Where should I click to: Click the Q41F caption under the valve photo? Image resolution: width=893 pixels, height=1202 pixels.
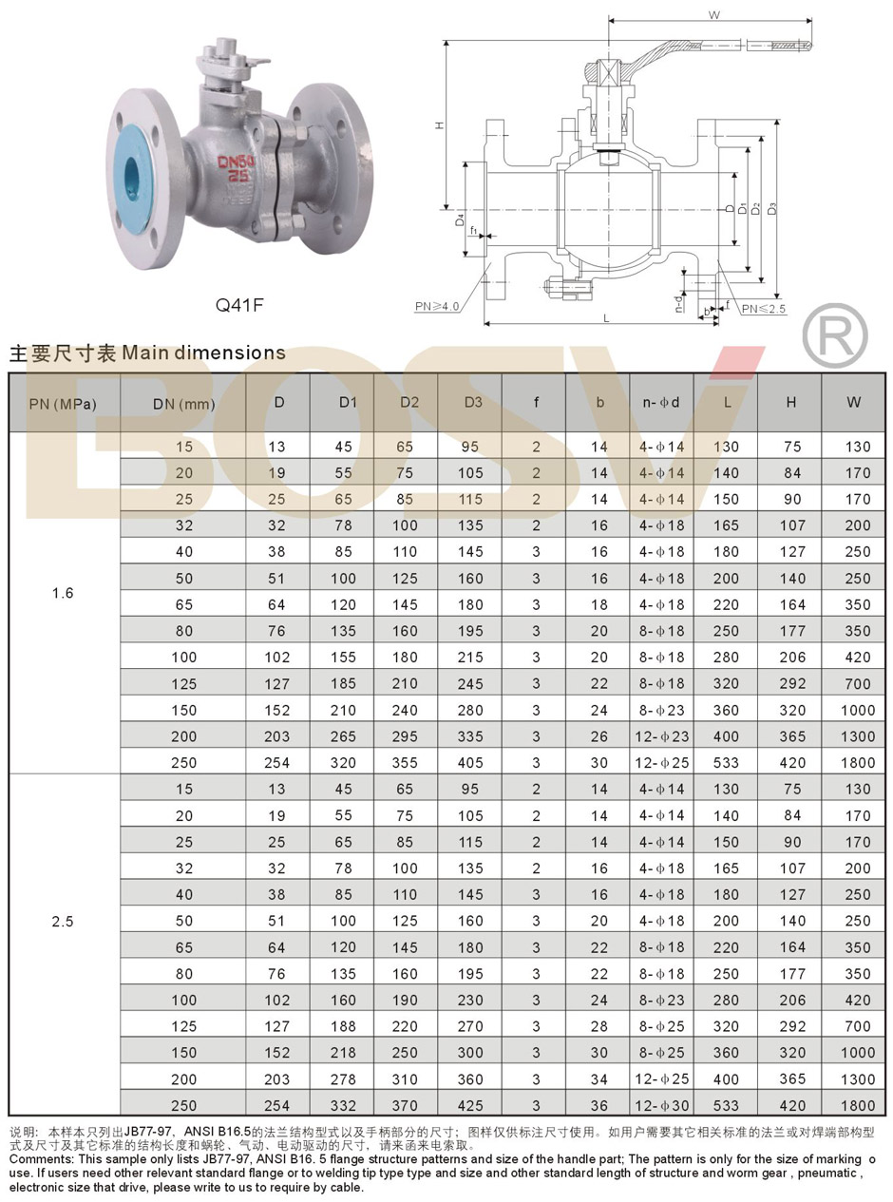[239, 305]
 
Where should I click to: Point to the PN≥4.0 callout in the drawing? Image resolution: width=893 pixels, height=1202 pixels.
[437, 306]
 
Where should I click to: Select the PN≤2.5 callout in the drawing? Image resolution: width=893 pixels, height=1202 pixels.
[763, 309]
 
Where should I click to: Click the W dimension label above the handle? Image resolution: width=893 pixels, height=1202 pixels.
[714, 15]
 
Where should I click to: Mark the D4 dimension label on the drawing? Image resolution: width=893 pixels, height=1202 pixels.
[460, 220]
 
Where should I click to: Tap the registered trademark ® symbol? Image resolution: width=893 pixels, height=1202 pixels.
[834, 336]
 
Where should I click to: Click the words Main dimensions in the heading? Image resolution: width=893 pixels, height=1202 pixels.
[203, 353]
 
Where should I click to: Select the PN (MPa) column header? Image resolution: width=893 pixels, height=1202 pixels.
[63, 404]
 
